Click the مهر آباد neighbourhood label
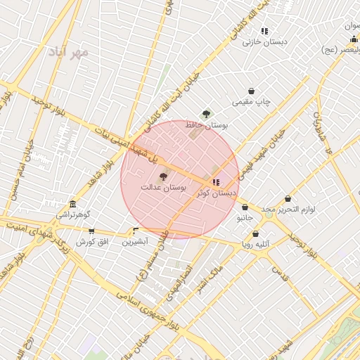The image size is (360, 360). (69, 53)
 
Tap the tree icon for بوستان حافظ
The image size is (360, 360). (206, 114)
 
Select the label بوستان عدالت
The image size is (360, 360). (162, 188)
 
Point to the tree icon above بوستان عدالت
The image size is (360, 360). (163, 177)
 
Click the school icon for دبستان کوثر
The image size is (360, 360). (215, 182)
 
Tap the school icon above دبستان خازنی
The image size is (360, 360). (264, 32)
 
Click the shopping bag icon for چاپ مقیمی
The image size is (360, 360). (252, 91)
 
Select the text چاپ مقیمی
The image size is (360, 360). (252, 102)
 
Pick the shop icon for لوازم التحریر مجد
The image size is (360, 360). (288, 199)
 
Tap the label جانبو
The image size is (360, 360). (243, 218)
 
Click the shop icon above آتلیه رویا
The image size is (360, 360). (255, 233)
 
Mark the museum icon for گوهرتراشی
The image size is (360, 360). (73, 204)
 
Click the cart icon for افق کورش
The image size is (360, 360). (91, 231)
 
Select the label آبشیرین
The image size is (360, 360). (135, 241)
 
